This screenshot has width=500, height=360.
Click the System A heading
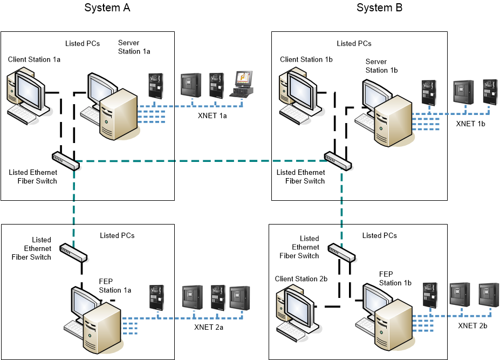point(107,8)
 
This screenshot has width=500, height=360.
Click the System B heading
point(379,8)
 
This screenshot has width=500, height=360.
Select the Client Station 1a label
point(34,59)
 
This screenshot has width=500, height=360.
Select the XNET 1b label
point(470,124)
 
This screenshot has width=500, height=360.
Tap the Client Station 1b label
point(306,59)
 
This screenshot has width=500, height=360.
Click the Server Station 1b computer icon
point(386,113)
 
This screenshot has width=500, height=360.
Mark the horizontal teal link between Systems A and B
point(200,161)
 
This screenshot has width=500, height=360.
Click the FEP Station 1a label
point(115,286)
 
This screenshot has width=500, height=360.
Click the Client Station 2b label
point(301,279)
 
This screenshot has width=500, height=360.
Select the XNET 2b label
point(472,326)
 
